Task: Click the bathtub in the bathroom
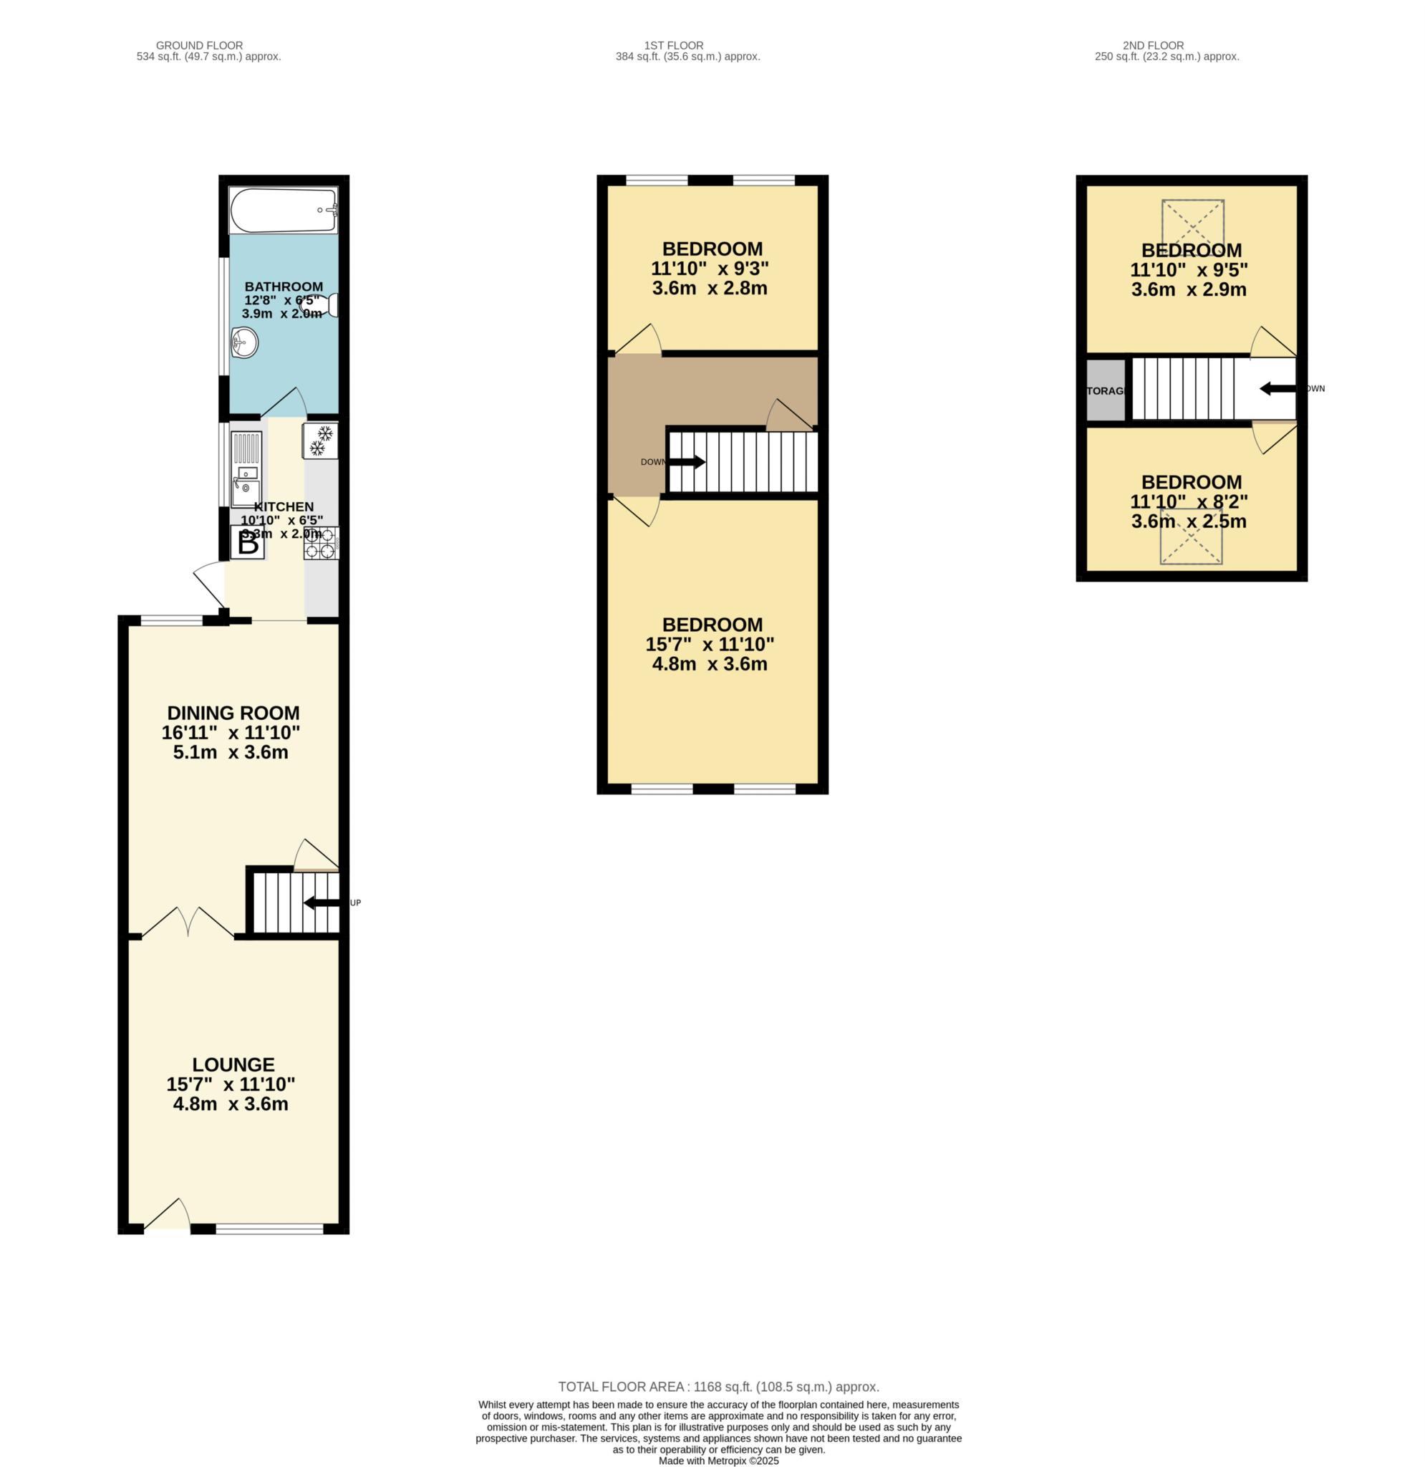tap(284, 211)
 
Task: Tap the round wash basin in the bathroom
tap(244, 344)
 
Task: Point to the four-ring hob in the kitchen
tap(320, 544)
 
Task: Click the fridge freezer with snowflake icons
tap(320, 441)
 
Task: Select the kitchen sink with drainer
tap(246, 469)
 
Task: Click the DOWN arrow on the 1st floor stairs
tap(686, 462)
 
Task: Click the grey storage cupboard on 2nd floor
tap(1106, 390)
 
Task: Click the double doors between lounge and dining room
tap(188, 923)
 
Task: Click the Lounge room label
tap(233, 1064)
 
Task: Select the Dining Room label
tap(233, 713)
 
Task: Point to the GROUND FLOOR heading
tap(199, 46)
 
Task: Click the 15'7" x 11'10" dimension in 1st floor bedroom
tap(709, 644)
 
